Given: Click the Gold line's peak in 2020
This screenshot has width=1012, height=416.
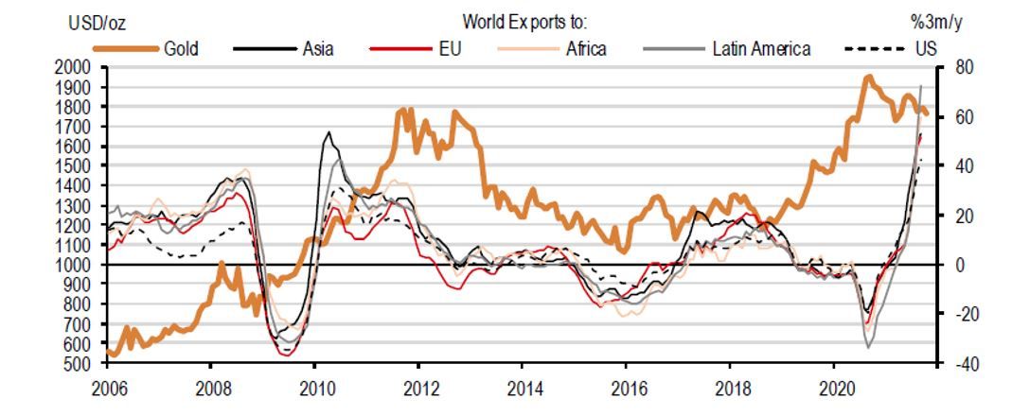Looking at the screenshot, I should pyautogui.click(x=868, y=78).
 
